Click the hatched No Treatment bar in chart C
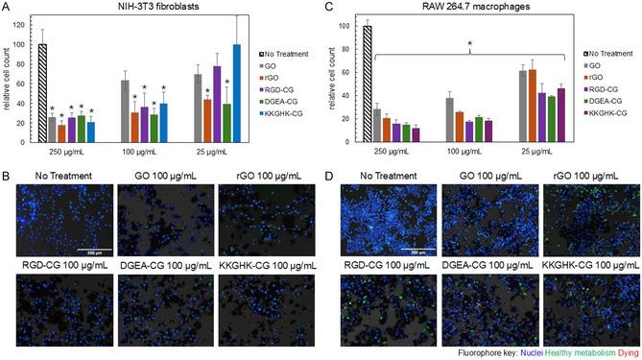point(368,85)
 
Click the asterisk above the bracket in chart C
point(468,44)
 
